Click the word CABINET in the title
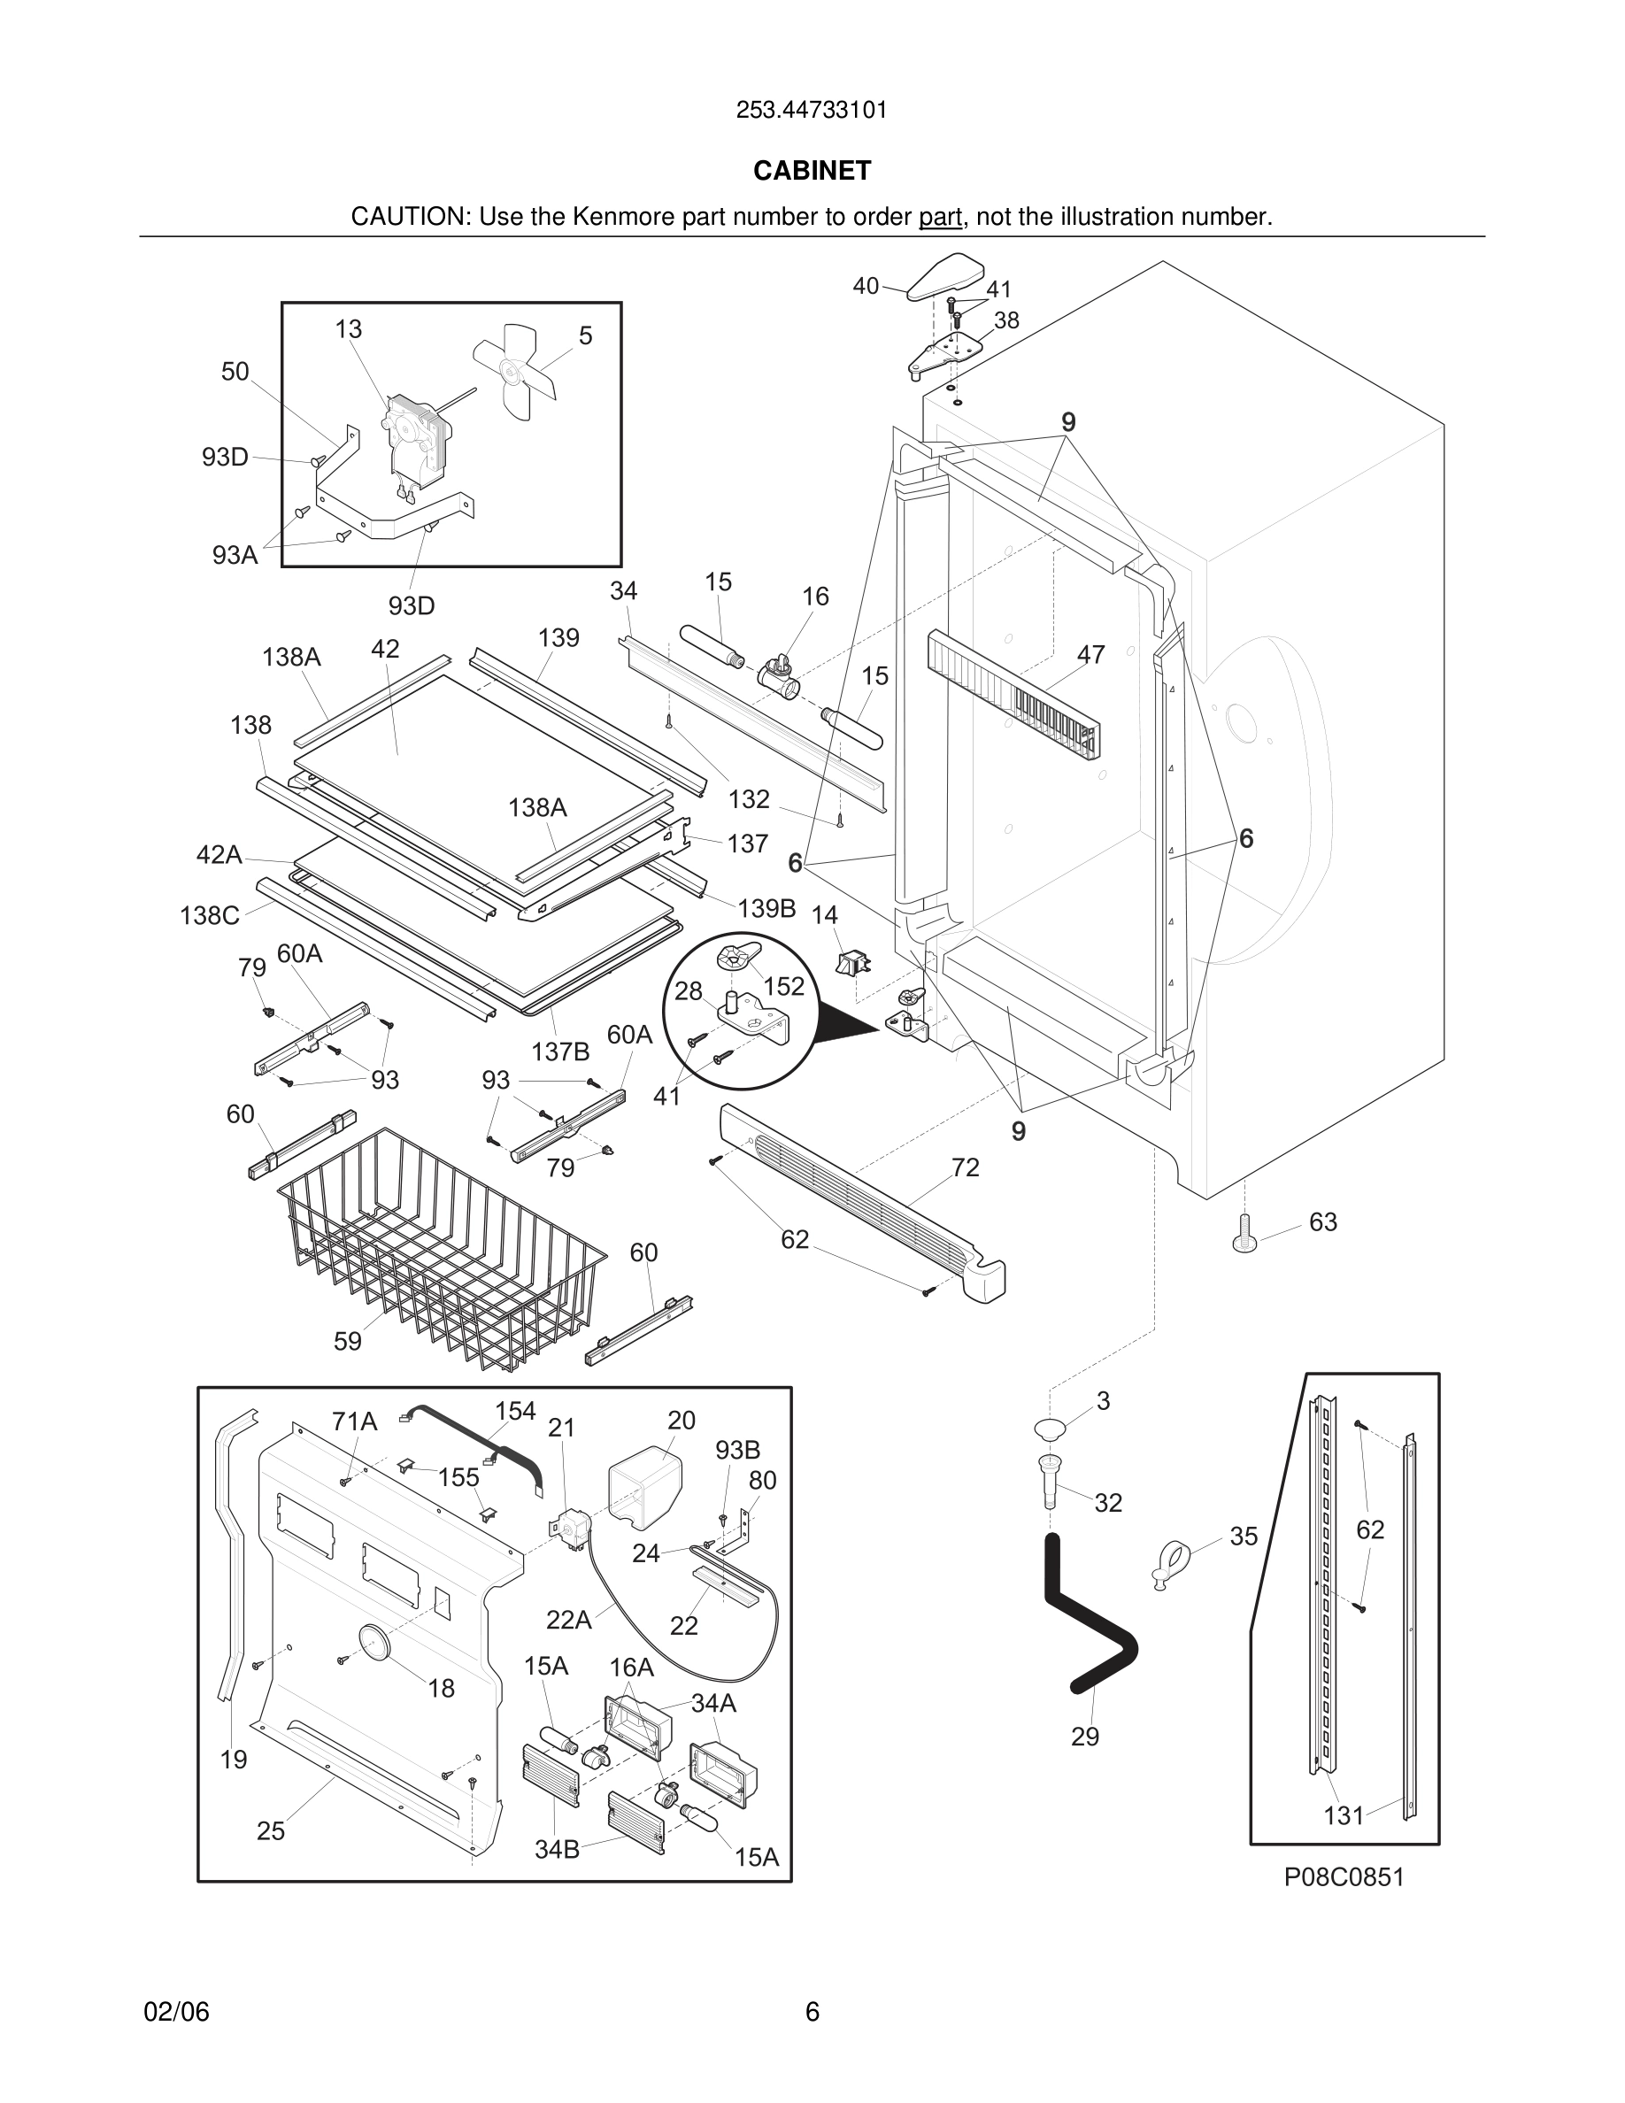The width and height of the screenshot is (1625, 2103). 812,171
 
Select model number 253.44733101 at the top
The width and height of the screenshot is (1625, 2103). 812,111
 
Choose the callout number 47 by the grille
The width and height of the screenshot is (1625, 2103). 1090,655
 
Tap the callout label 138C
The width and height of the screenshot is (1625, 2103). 209,915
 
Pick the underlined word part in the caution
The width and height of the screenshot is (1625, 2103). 940,217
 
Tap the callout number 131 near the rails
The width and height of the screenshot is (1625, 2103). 1343,1815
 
